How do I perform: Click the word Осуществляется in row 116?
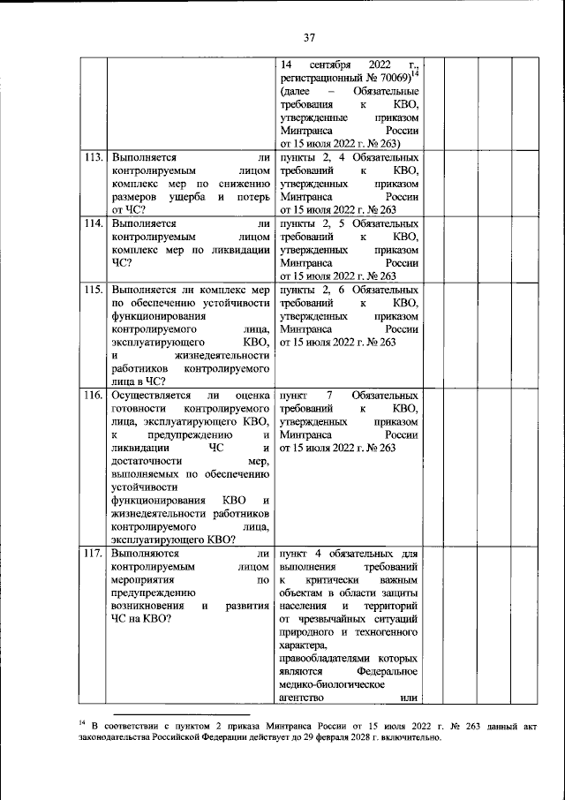[147, 396]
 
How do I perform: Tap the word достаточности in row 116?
[146, 461]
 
